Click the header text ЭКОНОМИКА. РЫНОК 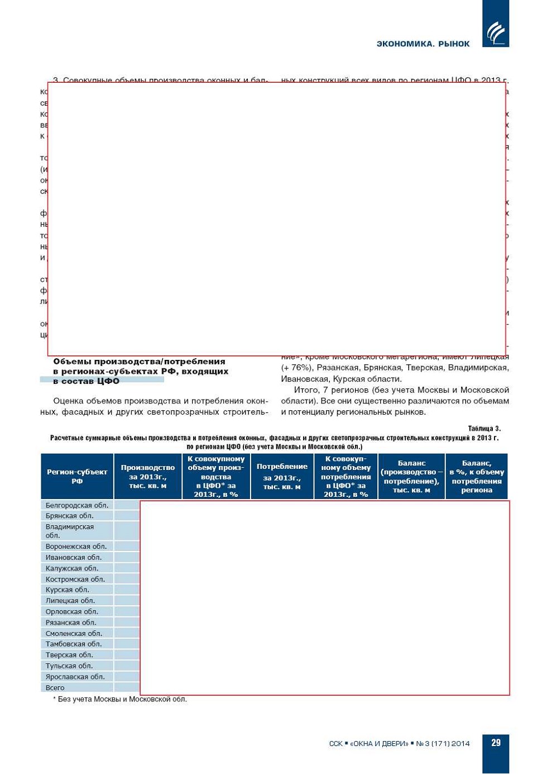[423, 44]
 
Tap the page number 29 [496, 743]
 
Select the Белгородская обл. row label [77, 505]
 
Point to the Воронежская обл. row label [76, 547]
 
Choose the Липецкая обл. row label [70, 601]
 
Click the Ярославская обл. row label [75, 677]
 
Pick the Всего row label [55, 688]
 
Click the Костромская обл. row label [75, 580]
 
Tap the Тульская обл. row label [69, 666]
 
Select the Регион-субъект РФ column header [77, 476]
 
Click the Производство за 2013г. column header [148, 476]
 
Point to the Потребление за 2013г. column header [282, 476]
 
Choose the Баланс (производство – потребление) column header [411, 476]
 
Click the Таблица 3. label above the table [484, 429]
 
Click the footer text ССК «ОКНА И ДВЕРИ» [399, 743]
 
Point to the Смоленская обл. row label [74, 634]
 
